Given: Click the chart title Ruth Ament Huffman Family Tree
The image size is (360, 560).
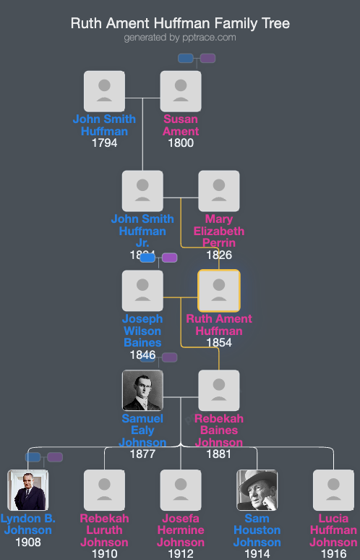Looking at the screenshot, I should (x=180, y=24).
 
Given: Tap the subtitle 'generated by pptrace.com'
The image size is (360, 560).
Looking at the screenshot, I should (x=180, y=38).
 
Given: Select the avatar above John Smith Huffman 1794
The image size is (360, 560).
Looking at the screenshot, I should (x=104, y=91).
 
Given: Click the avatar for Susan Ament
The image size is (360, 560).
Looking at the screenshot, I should (x=181, y=91).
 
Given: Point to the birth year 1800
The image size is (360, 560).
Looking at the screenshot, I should (x=181, y=143).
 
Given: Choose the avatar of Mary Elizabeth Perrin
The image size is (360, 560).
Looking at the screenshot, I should (x=219, y=191).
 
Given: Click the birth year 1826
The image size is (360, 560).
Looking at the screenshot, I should (x=219, y=255).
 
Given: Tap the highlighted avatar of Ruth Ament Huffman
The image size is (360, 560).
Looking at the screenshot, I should (x=219, y=291).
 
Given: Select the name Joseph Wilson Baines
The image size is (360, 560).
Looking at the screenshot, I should (x=142, y=331).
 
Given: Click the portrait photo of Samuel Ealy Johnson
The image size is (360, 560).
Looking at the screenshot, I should (x=142, y=391).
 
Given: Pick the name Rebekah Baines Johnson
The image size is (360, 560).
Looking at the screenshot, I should (x=219, y=430).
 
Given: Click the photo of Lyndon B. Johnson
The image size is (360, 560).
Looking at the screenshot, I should (x=28, y=491).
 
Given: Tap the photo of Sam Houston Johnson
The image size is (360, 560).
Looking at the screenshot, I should (x=257, y=491).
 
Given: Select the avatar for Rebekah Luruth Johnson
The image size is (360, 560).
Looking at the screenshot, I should (x=104, y=491).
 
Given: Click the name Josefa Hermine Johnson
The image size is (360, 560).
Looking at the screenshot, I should (x=181, y=530).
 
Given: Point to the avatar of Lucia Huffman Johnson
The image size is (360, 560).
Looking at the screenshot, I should (x=333, y=491).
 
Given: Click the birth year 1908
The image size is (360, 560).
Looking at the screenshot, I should (x=28, y=543).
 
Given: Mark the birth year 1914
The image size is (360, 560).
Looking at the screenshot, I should (x=257, y=553).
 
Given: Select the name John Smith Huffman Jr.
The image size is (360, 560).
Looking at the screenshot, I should (x=142, y=231).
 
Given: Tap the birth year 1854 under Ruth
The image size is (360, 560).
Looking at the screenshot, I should (x=219, y=343).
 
